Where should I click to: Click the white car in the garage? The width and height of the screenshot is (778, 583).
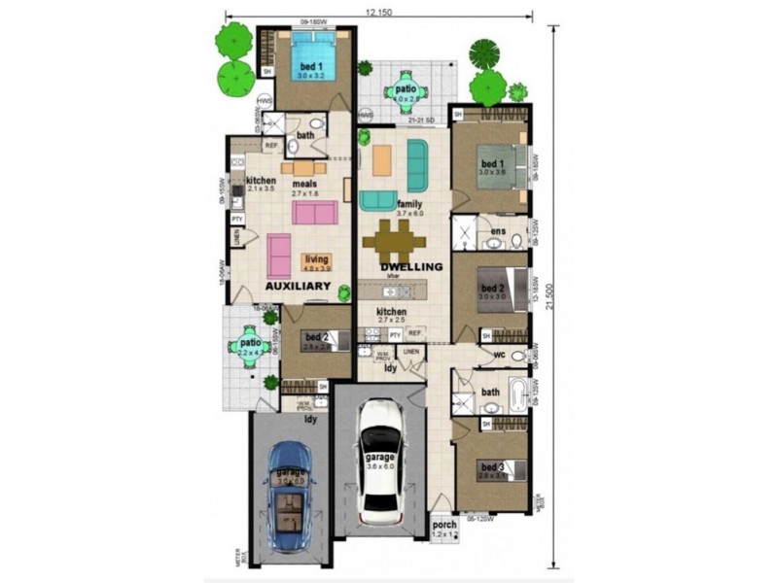point(379,462)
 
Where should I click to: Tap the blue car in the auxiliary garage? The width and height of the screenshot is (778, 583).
point(288,496)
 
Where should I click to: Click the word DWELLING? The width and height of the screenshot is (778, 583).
point(411,266)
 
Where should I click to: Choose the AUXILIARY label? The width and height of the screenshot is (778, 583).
point(299,287)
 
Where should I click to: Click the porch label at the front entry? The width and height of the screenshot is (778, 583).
point(443,526)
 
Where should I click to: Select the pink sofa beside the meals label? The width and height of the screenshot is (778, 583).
point(315,212)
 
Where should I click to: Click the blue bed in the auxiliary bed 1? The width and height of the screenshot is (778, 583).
point(316,58)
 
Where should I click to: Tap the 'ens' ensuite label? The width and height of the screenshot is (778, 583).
point(497,231)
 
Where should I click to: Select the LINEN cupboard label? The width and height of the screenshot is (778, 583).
point(411,351)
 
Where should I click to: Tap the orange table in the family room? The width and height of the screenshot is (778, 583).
point(382,157)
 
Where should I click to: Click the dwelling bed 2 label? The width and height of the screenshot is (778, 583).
point(492,289)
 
